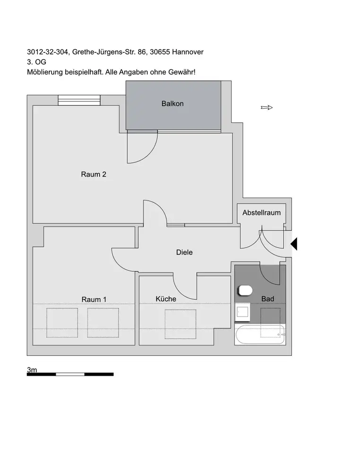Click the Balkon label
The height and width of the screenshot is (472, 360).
tap(172, 104)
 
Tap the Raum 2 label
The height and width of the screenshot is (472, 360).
tap(94, 174)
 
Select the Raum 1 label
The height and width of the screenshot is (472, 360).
tap(94, 299)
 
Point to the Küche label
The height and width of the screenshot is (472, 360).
tap(166, 299)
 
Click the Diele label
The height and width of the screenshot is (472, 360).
tap(184, 253)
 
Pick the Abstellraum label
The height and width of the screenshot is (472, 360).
tap(261, 213)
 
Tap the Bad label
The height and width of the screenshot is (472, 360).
tap(268, 299)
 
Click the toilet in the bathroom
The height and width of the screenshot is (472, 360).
tap(246, 289)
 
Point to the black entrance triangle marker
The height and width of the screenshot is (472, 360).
tap(293, 244)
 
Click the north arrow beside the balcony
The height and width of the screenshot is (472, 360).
tap(267, 108)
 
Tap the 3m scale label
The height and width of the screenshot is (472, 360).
tap(32, 370)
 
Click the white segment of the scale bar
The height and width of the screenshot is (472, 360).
tap(70, 374)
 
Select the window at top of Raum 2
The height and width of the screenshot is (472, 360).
tap(79, 100)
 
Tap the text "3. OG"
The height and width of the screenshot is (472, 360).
tap(37, 62)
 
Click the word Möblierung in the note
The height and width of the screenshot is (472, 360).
tap(44, 72)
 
